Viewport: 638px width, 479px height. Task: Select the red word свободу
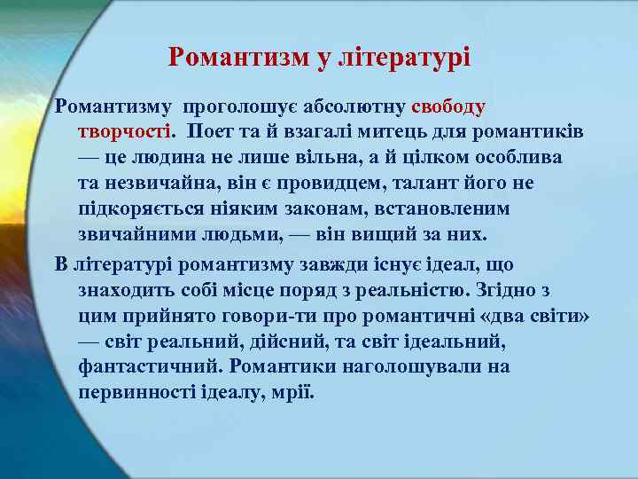point(448,107)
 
